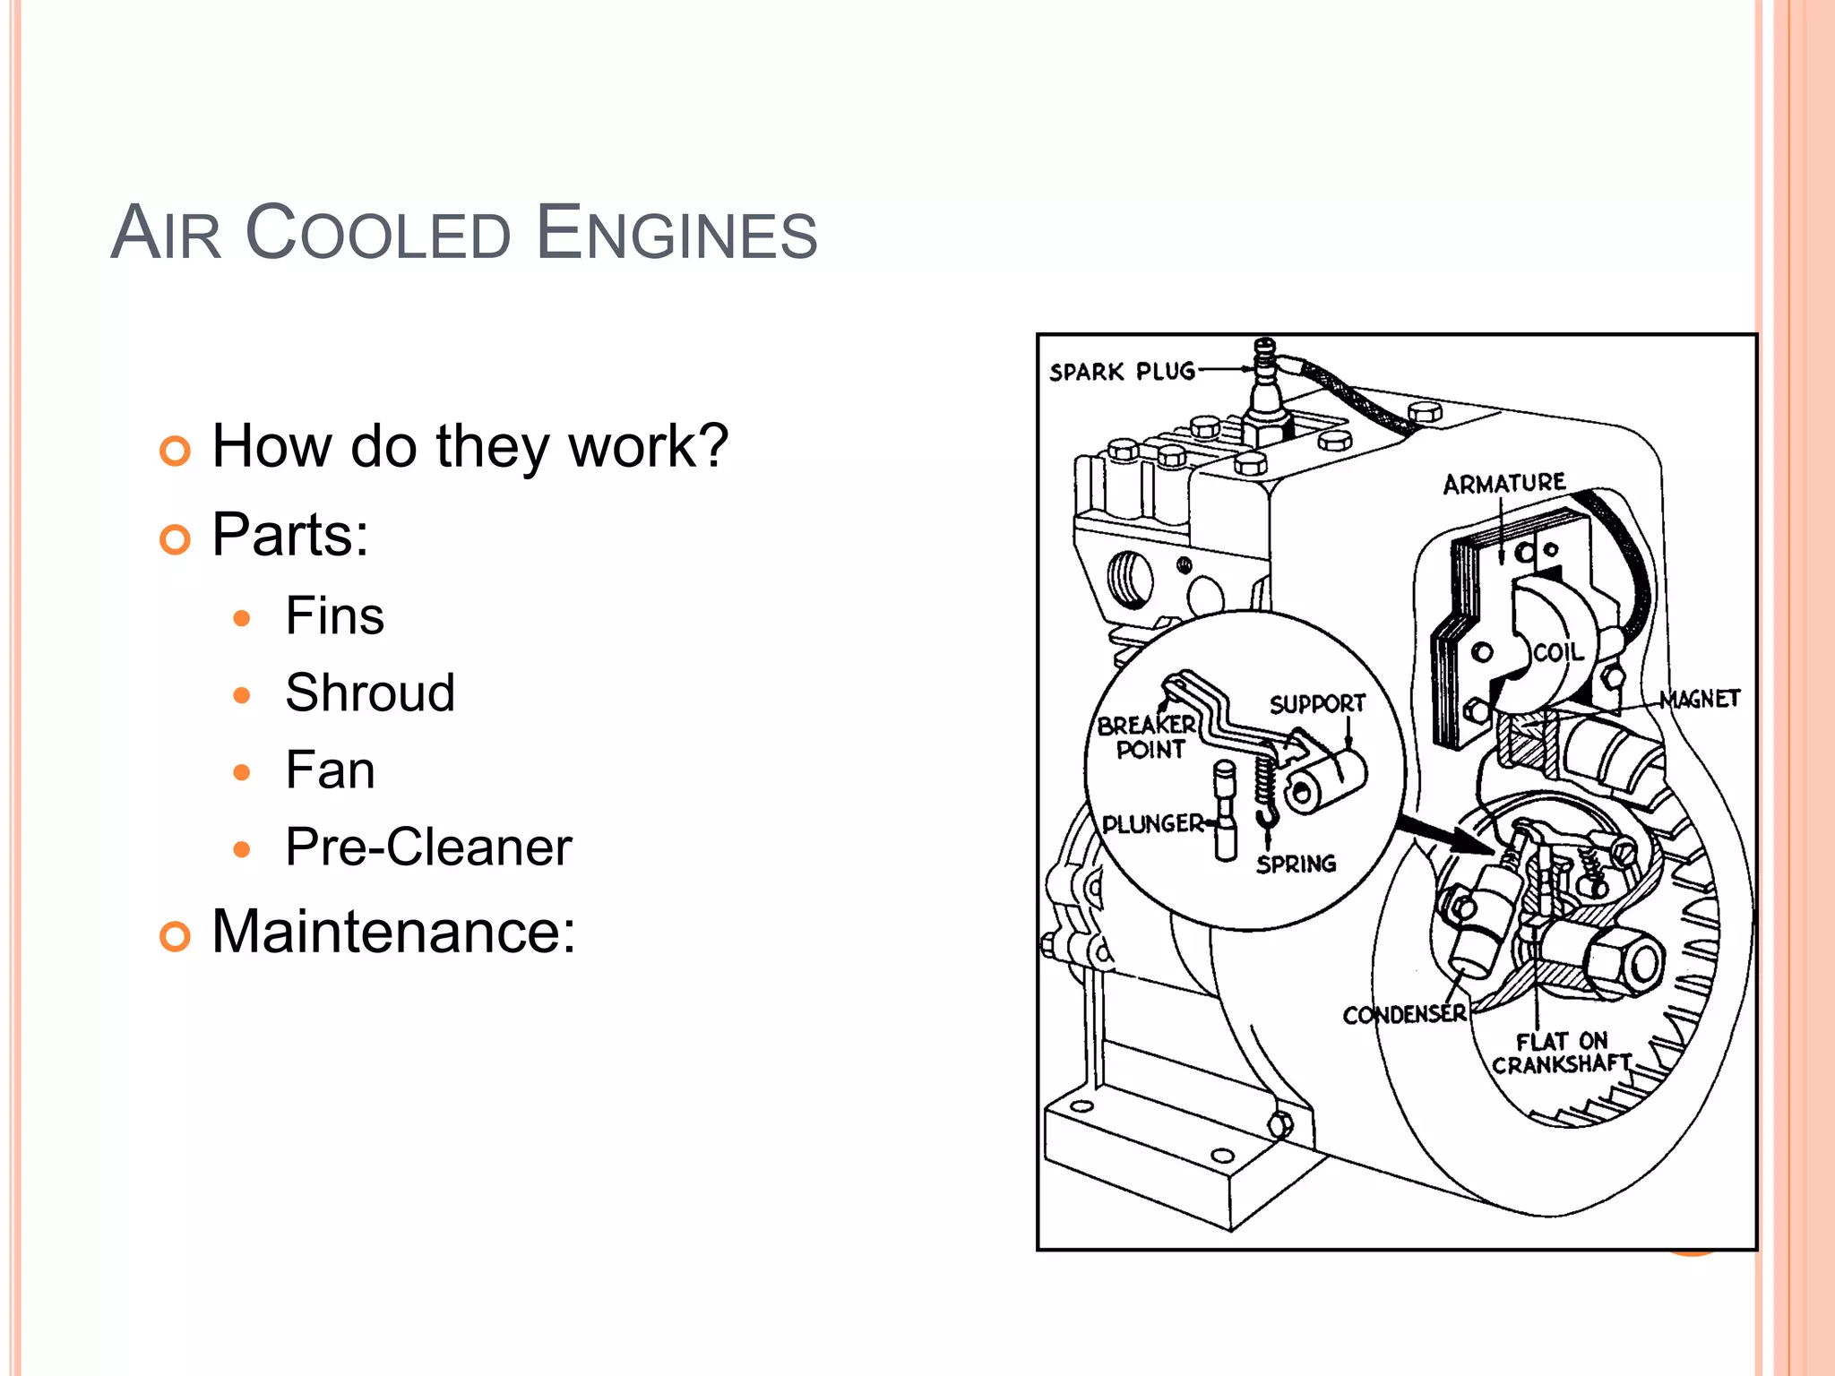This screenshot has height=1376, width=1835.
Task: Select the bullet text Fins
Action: point(334,616)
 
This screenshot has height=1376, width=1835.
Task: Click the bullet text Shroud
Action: point(370,693)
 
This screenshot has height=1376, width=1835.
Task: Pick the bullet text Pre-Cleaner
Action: point(428,847)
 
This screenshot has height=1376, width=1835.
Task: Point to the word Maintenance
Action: point(386,932)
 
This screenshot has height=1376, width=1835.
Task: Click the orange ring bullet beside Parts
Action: point(175,539)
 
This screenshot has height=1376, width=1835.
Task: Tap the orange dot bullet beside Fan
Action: point(241,772)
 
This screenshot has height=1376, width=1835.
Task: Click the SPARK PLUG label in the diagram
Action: point(1122,371)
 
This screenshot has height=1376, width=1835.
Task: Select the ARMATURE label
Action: point(1503,484)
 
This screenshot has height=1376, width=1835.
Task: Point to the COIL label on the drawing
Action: point(1558,652)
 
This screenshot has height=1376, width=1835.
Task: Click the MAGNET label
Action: point(1700,699)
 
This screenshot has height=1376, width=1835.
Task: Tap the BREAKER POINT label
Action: point(1147,737)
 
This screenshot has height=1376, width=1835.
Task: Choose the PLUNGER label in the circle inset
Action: point(1152,823)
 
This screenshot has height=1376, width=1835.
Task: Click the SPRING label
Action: point(1296,864)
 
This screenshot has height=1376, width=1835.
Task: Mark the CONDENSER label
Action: point(1404,1014)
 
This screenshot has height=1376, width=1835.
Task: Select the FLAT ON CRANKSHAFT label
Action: point(1561,1053)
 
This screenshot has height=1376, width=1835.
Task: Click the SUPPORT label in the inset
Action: point(1317,704)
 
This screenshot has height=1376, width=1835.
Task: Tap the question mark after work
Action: point(711,446)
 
